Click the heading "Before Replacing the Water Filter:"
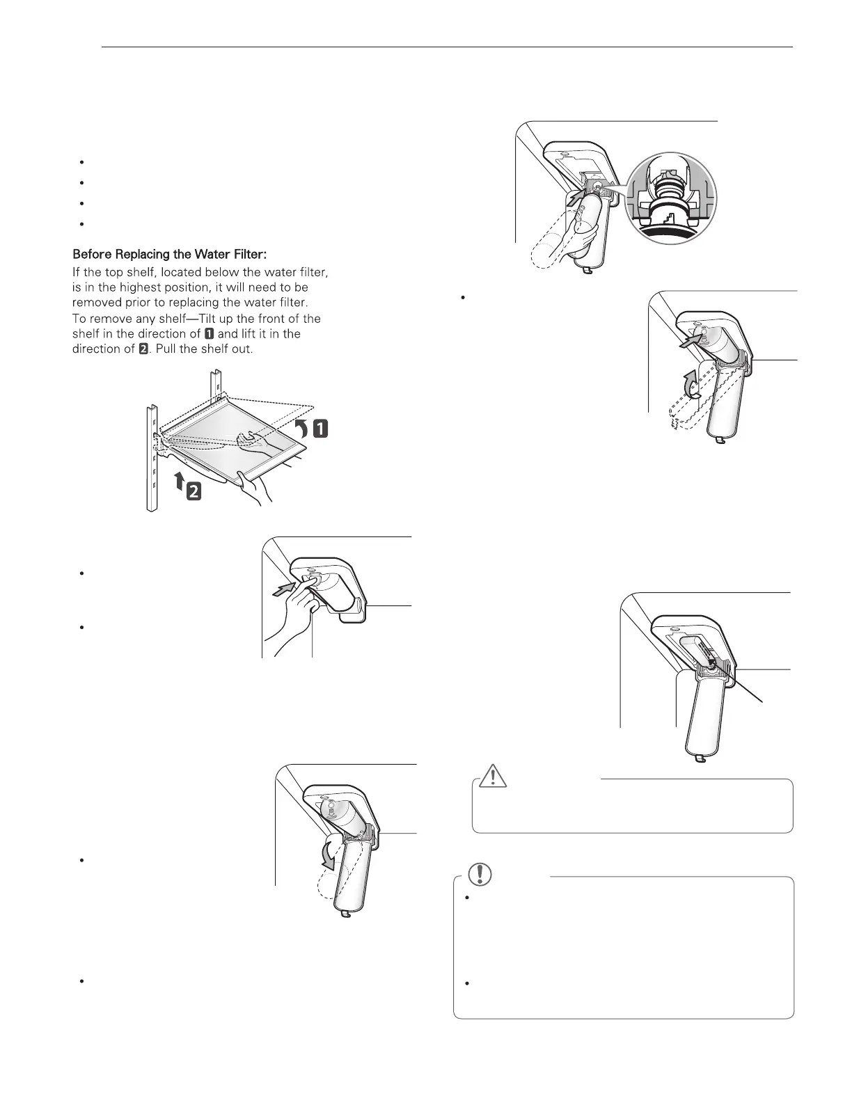tap(165, 255)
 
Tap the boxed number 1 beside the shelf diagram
tap(320, 429)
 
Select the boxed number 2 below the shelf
tap(194, 492)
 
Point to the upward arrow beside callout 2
tap(179, 479)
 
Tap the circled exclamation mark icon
tap(479, 873)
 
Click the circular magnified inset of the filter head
tap(671, 198)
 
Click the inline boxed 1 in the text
tap(210, 334)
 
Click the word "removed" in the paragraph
tap(95, 303)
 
